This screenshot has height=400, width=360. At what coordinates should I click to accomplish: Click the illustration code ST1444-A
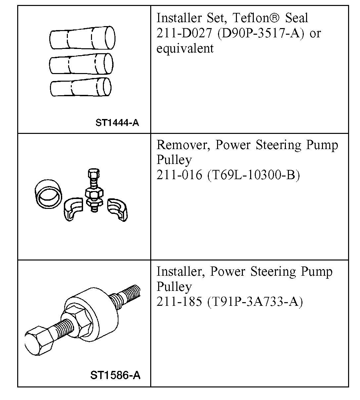[117, 123]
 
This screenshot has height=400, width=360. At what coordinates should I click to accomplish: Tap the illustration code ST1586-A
[115, 375]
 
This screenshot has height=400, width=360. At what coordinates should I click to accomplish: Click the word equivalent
[185, 48]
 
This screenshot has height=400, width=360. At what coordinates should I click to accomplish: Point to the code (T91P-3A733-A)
[255, 301]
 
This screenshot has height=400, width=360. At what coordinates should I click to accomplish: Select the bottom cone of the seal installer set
[81, 87]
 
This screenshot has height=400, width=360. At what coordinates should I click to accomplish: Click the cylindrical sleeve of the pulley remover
[49, 195]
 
